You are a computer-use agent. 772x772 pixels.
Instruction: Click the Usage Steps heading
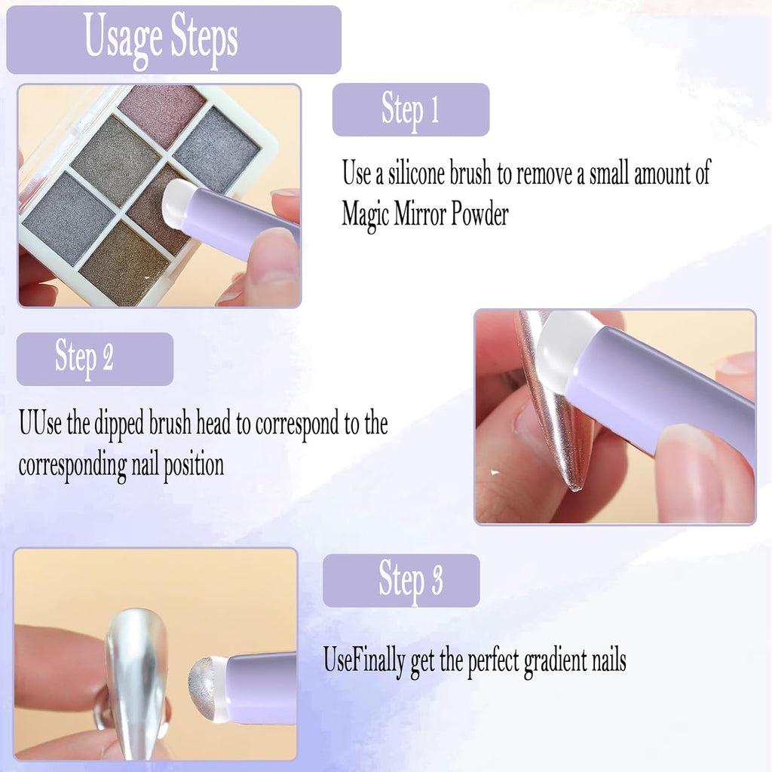coord(161,38)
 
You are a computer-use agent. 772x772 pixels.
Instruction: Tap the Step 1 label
coord(410,109)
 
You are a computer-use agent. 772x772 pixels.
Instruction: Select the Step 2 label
coord(84,358)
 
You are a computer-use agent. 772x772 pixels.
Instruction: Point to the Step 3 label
coord(410,580)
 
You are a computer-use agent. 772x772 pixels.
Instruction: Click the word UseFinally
coord(365,661)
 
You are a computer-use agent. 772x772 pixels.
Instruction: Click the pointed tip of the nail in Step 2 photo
coord(577,482)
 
